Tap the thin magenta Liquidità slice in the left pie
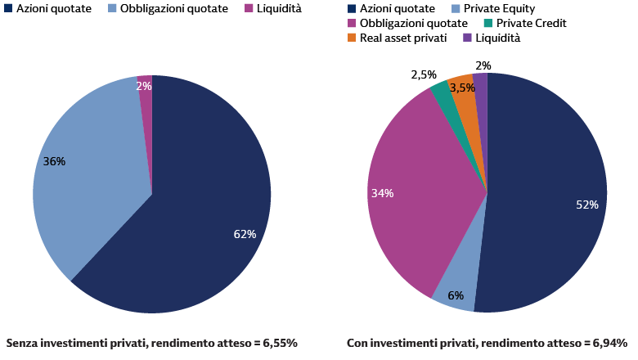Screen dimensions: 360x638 point(146,106)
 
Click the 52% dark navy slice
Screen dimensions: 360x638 point(548,188)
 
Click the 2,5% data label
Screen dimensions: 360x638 point(424,75)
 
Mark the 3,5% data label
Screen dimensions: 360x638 point(463,88)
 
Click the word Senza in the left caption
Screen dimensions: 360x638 point(22,343)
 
